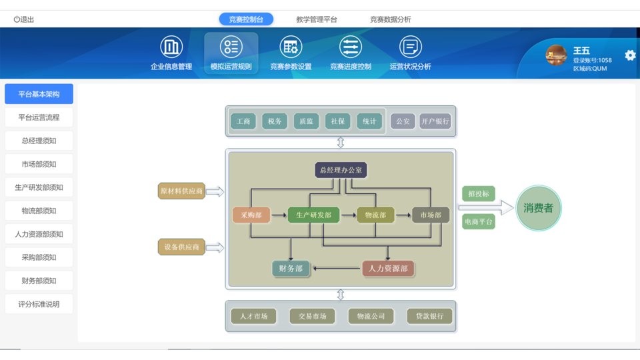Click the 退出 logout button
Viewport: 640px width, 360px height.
click(x=24, y=19)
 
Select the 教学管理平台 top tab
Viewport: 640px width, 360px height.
click(x=317, y=19)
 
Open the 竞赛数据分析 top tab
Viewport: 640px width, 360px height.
click(x=391, y=19)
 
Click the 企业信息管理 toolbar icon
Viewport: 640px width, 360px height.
click(x=171, y=47)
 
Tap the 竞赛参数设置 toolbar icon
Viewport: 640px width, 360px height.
click(x=291, y=47)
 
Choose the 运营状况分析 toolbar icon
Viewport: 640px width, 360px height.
click(x=410, y=47)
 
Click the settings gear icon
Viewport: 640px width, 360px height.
click(x=630, y=55)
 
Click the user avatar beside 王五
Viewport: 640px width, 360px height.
click(x=556, y=55)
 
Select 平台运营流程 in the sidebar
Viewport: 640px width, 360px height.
click(x=39, y=117)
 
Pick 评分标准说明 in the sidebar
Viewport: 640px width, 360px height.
click(x=39, y=304)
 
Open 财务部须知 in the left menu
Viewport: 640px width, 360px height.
click(x=39, y=281)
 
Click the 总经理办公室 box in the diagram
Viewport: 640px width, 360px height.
click(x=341, y=171)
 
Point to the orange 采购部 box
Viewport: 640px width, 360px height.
click(x=251, y=215)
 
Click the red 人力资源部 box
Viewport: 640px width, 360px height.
click(x=388, y=269)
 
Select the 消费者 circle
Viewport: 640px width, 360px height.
click(x=539, y=208)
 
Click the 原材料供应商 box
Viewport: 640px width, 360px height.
click(x=181, y=191)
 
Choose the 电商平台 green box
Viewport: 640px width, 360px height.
click(x=479, y=221)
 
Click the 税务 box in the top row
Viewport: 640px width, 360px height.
click(x=275, y=121)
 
